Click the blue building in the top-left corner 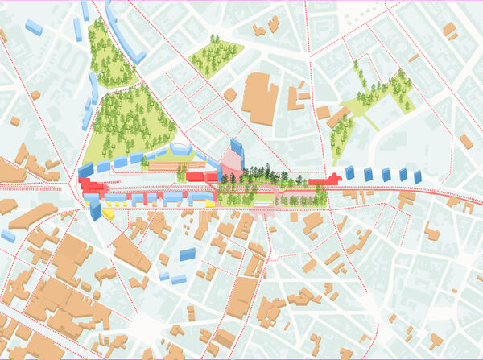pyautogui.click(x=34, y=26)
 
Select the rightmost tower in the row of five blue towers pyautogui.click(x=417, y=176)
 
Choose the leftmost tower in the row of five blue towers pyautogui.click(x=350, y=172)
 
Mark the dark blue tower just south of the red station pyautogui.click(x=96, y=209)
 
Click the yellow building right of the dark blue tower pyautogui.click(x=108, y=213)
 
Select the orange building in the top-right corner pyautogui.click(x=449, y=30)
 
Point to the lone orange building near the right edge pyautogui.click(x=465, y=142)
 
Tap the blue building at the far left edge pyautogui.click(x=7, y=236)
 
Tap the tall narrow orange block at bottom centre pyautogui.click(x=242, y=297)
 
